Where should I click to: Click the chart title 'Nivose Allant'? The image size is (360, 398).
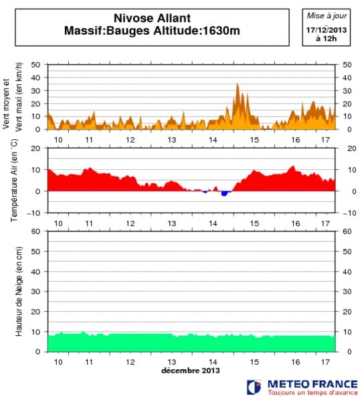[x=153, y=19]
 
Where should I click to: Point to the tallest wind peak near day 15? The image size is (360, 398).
[x=238, y=86]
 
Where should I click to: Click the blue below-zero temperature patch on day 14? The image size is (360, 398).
[x=225, y=193]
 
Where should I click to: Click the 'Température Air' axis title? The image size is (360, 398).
[x=14, y=180]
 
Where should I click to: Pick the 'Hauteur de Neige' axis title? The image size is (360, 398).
[x=19, y=291]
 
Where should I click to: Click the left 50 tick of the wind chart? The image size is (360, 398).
[x=35, y=65]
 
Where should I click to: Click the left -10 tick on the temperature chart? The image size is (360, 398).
[x=33, y=213]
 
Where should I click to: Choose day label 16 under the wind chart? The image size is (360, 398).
[x=295, y=139]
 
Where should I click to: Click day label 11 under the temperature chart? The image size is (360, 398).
[x=89, y=223]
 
